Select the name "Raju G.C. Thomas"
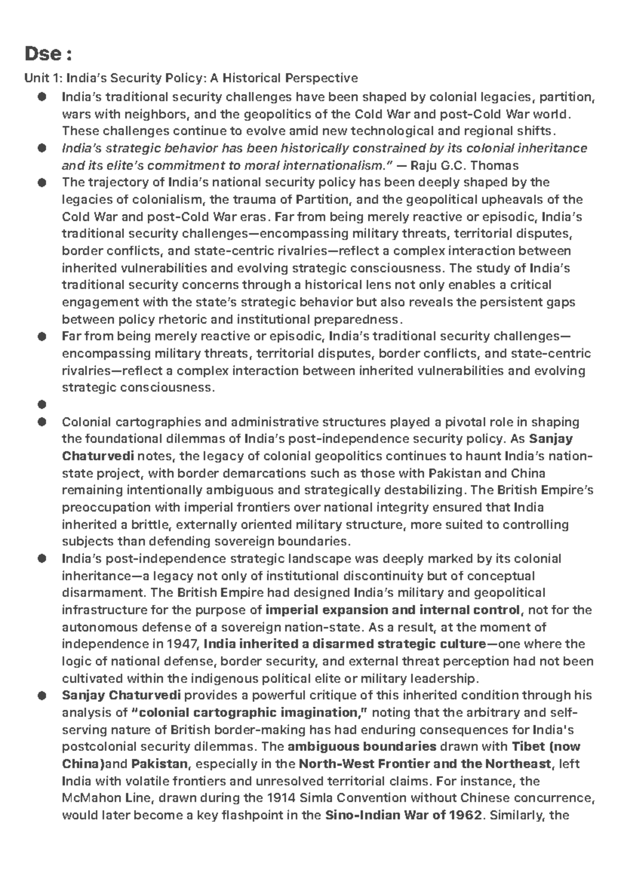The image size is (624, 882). pyautogui.click(x=464, y=166)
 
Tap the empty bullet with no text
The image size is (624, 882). pyautogui.click(x=42, y=405)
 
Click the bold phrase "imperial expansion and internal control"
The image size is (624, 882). pyautogui.click(x=392, y=610)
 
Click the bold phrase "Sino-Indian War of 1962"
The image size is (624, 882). pyautogui.click(x=404, y=815)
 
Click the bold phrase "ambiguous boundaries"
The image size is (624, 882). pyautogui.click(x=362, y=747)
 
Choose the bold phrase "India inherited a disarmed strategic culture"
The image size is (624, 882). pyautogui.click(x=344, y=644)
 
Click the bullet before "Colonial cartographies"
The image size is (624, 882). pyautogui.click(x=42, y=422)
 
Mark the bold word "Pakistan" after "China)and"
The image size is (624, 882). pyautogui.click(x=159, y=764)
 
